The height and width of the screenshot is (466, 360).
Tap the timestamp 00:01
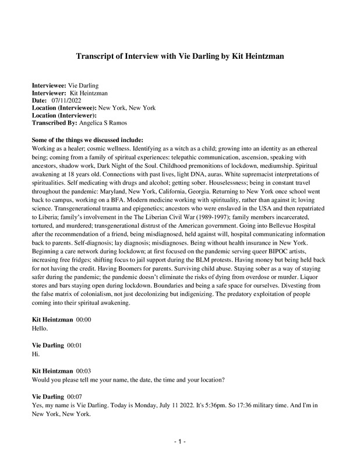pyautogui.click(x=74, y=345)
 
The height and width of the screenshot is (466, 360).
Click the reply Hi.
pyautogui.click(x=35, y=353)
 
